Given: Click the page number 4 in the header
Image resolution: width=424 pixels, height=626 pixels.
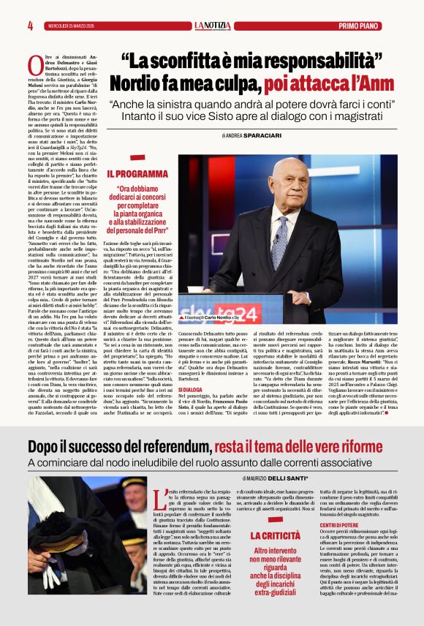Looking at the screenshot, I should (31, 26).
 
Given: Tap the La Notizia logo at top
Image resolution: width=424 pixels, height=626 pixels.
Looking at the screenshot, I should (212, 26).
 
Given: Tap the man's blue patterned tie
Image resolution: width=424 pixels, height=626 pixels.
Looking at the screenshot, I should (280, 241).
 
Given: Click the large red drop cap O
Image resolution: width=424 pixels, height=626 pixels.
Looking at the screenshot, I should (34, 65).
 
